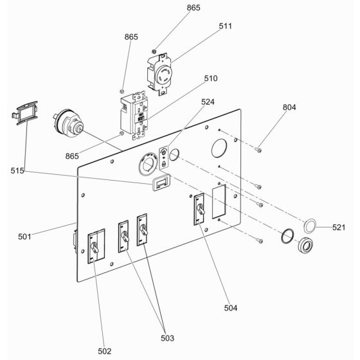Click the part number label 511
click(225, 26)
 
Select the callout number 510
click(211, 78)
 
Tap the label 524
click(208, 102)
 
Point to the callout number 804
click(289, 107)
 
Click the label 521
click(339, 228)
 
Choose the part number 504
click(231, 308)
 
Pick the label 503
click(167, 338)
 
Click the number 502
click(104, 351)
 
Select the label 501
click(24, 237)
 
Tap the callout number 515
click(17, 170)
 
